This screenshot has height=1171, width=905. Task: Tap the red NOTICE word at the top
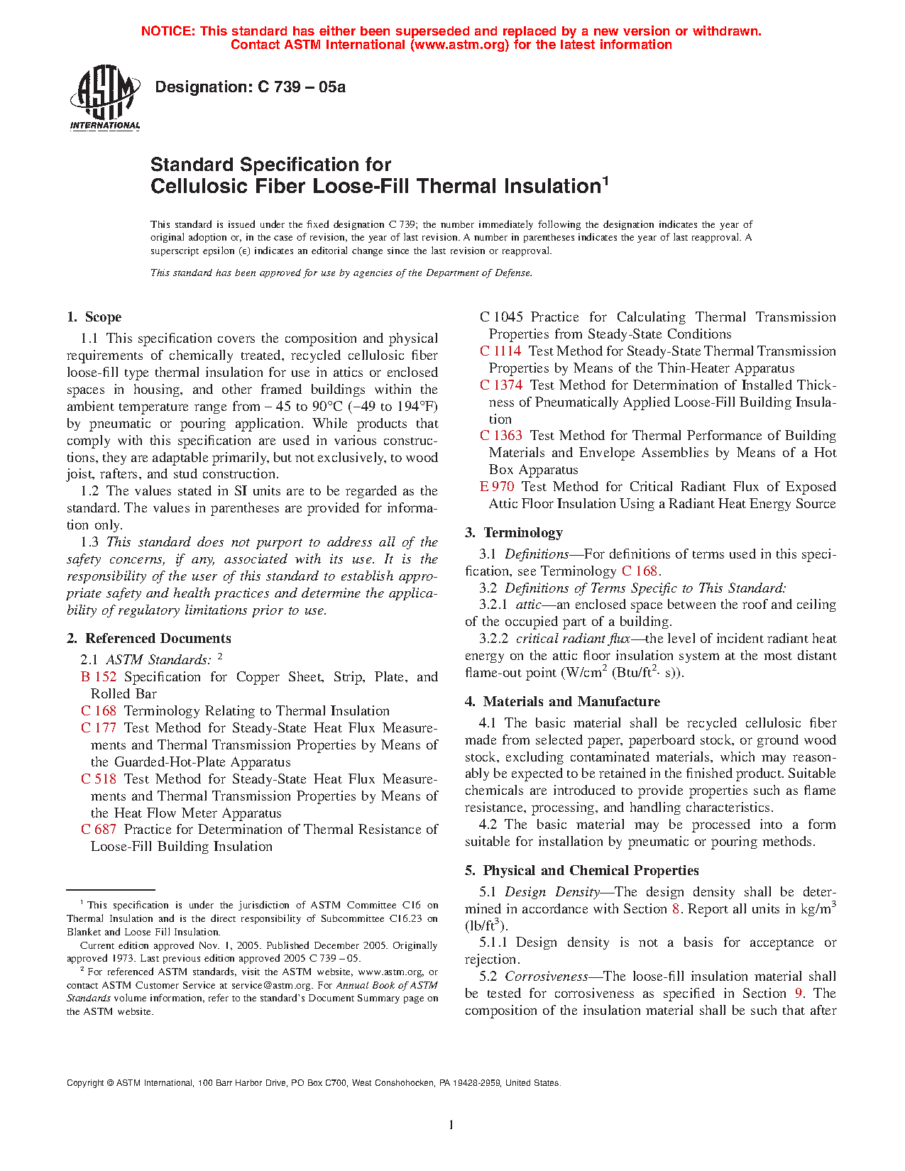(168, 31)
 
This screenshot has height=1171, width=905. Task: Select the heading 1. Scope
(94, 317)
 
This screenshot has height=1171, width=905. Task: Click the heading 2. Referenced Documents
(148, 639)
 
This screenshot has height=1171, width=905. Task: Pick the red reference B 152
(99, 677)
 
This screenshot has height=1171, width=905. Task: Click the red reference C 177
(99, 728)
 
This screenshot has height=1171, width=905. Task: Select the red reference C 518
(99, 779)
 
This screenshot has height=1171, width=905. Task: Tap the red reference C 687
(99, 830)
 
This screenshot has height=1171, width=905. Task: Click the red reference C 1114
(500, 351)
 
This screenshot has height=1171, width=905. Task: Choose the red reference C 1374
(501, 385)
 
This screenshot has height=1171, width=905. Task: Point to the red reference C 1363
(501, 436)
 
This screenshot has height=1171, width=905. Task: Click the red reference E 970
(497, 487)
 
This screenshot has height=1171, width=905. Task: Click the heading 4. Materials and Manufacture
(562, 702)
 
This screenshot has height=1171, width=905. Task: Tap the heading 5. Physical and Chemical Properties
(582, 871)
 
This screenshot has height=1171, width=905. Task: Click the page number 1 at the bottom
(451, 1125)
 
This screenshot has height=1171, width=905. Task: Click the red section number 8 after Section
(676, 909)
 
